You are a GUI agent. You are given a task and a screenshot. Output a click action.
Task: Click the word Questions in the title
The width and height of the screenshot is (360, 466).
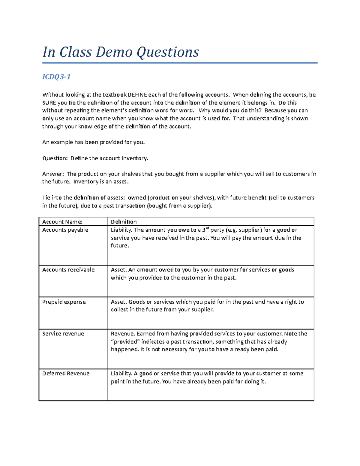[168, 52]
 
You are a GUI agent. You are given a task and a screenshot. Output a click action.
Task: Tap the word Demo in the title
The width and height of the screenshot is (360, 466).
[114, 52]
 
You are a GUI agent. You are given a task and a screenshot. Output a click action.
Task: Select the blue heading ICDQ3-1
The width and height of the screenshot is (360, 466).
[56, 77]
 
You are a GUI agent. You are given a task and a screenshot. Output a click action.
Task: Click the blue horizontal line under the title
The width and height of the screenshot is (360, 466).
[180, 63]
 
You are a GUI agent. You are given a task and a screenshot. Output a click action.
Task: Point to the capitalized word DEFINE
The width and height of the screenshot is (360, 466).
[137, 95]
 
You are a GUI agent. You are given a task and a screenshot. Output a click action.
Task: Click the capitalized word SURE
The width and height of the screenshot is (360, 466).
[49, 103]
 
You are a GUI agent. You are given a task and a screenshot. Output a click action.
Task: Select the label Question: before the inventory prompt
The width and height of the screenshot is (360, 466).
[55, 158]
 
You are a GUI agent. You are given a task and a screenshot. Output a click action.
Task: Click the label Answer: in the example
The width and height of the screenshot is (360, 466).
[53, 174]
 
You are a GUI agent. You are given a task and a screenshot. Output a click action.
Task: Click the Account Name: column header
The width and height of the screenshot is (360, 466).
[62, 222]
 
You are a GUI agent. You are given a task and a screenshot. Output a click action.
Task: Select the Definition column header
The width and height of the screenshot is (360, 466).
[124, 222]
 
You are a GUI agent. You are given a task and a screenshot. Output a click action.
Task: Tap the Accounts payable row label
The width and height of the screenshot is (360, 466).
[65, 230]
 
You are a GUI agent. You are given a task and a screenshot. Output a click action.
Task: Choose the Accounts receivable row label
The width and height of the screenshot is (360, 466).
[68, 270]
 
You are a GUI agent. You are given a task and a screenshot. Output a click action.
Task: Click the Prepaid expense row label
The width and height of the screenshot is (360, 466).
[64, 302]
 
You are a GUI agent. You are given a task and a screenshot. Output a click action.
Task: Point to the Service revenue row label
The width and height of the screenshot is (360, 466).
[63, 334]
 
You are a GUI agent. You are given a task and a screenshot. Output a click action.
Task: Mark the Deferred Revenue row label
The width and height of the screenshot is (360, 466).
[66, 374]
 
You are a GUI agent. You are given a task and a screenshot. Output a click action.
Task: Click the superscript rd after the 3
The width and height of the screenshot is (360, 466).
[207, 228]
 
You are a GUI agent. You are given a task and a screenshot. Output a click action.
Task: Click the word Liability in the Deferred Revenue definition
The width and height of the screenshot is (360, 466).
[121, 374]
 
